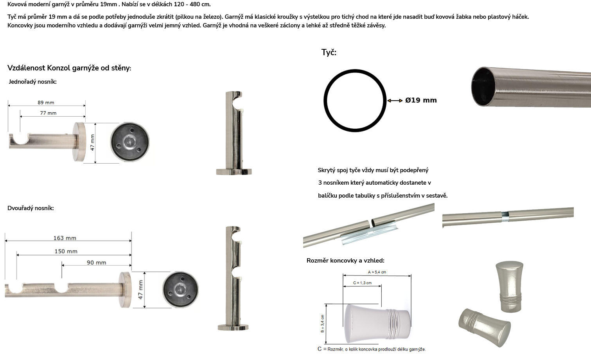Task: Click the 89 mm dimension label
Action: click(x=46, y=103)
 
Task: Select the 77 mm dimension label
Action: click(x=48, y=113)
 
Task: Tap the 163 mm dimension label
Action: click(x=65, y=238)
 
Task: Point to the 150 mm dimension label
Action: click(x=66, y=251)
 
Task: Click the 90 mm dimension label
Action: click(x=96, y=263)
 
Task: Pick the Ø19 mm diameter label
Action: click(x=421, y=100)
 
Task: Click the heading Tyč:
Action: click(x=329, y=52)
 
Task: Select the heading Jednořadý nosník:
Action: click(x=33, y=82)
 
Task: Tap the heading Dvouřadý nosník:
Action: click(x=31, y=208)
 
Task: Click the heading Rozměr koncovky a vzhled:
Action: click(x=345, y=261)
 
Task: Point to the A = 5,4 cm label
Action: click(x=377, y=272)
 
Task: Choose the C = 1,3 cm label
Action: click(x=362, y=283)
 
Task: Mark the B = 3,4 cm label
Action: click(x=322, y=324)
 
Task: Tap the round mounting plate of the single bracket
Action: click(x=130, y=142)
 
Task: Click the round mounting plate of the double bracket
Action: click(x=180, y=290)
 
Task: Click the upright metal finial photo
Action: click(x=509, y=286)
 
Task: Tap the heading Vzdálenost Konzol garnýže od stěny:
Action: click(x=69, y=68)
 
